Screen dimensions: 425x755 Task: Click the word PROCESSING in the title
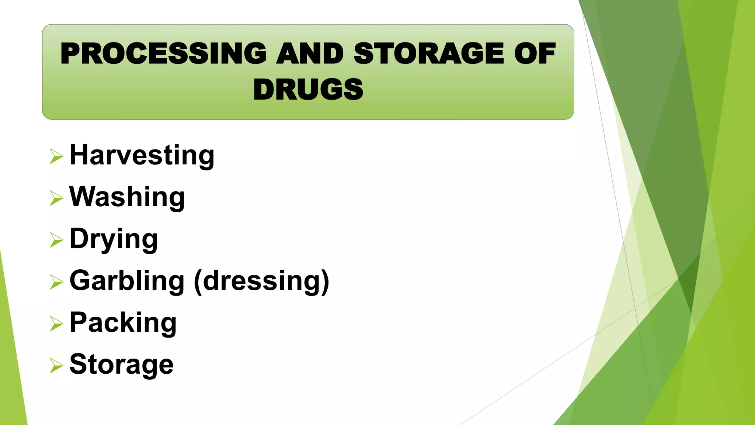pos(163,53)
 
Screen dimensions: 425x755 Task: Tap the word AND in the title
pos(310,53)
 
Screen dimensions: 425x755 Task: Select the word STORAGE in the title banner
pos(428,53)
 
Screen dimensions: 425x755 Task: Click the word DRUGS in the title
pos(308,90)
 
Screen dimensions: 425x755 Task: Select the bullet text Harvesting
pos(142,155)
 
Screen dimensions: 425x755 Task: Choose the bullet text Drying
pos(114,239)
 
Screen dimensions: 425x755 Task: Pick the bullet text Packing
pos(123,323)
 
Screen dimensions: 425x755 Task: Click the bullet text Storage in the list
pos(122,364)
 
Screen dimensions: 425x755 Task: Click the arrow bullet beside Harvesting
pos(56,156)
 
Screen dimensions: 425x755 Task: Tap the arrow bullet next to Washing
pos(56,198)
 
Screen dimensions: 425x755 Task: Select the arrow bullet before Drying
pos(56,240)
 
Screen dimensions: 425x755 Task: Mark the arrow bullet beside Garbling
pos(56,282)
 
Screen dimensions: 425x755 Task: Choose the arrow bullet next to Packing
pos(56,324)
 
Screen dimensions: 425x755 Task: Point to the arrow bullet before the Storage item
pos(56,366)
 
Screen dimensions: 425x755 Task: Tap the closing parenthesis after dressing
pos(325,282)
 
